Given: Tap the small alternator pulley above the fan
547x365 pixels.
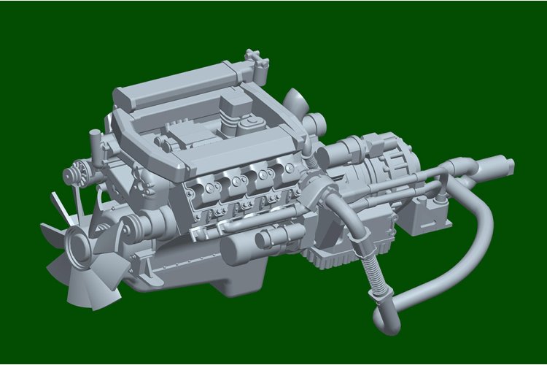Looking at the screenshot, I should point(71,175).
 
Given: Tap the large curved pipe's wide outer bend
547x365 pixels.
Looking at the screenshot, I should point(481,241).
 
